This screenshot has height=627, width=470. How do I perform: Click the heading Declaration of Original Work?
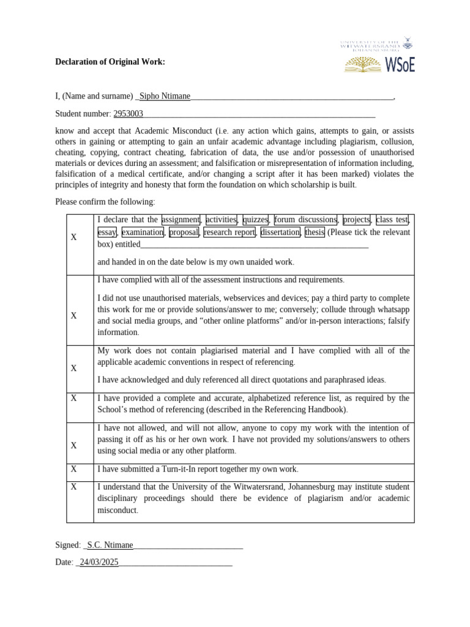click(x=110, y=62)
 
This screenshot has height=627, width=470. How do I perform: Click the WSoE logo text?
click(x=400, y=64)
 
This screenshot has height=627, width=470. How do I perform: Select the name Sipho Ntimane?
click(x=165, y=96)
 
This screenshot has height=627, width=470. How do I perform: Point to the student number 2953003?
click(x=129, y=113)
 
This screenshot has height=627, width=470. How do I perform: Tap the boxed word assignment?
click(x=181, y=220)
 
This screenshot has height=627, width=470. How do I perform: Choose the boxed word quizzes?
click(x=255, y=220)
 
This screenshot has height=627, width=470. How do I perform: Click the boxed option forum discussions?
click(x=305, y=220)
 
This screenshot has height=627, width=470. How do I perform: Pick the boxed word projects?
click(x=357, y=220)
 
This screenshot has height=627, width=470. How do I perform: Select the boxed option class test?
click(x=392, y=220)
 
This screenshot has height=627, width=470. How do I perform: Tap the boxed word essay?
click(x=107, y=233)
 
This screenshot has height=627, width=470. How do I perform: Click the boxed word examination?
click(x=143, y=233)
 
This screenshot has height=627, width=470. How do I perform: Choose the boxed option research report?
click(x=229, y=233)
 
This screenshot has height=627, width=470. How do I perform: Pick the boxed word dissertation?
click(x=280, y=233)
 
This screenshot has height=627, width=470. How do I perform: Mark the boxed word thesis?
click(x=315, y=233)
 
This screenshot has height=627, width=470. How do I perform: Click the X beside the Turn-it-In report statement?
click(x=73, y=469)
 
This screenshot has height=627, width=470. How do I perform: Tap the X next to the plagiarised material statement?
click(x=73, y=368)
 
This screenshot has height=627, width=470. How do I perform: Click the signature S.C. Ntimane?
click(x=110, y=545)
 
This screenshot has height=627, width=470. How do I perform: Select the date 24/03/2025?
click(x=99, y=562)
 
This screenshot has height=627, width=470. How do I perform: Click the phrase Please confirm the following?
click(x=105, y=201)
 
